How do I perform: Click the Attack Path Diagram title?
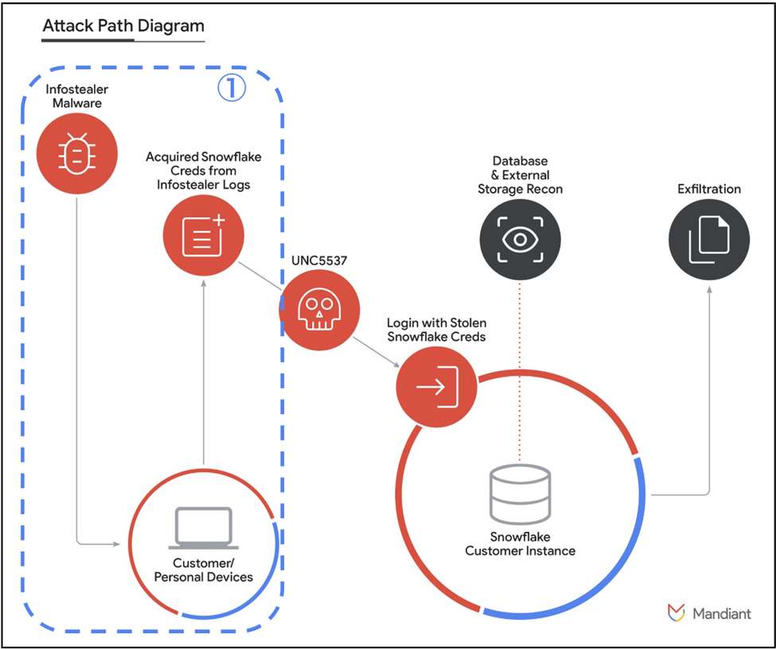(x=123, y=25)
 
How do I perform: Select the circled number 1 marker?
(x=232, y=88)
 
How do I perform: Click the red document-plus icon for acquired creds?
(x=203, y=234)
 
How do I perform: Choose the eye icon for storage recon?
(x=520, y=240)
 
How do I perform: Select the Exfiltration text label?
(x=708, y=190)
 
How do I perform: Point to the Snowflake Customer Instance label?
(x=520, y=543)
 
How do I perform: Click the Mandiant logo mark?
(x=677, y=613)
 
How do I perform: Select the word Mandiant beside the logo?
(x=722, y=614)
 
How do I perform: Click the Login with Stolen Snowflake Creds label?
(x=436, y=330)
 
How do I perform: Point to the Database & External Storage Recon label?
(x=520, y=175)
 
